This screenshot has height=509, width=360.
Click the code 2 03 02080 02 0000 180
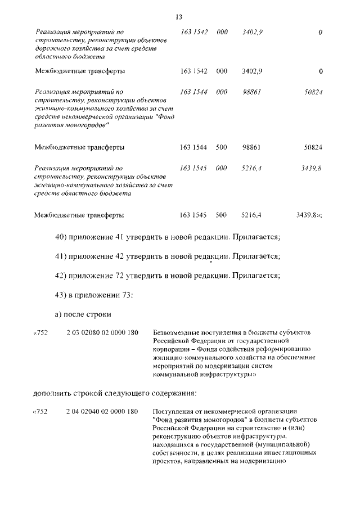pos(102,332)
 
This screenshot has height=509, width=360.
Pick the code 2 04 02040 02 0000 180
pos(102,412)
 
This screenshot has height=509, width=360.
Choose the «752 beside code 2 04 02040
pos(41,412)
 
